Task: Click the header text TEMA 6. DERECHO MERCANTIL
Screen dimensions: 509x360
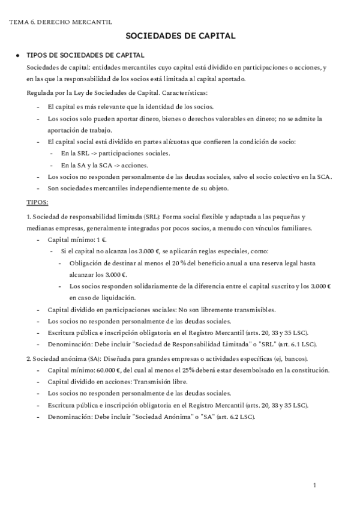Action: [61, 22]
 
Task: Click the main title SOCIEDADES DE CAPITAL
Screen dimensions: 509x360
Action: [180, 37]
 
